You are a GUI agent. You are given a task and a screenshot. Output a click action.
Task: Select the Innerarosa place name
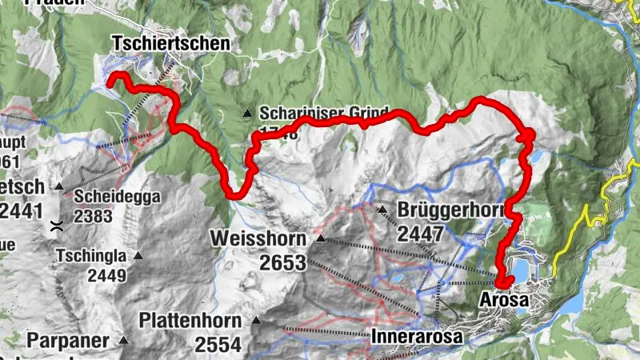pos(417,338)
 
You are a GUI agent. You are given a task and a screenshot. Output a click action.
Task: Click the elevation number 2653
pos(277,262)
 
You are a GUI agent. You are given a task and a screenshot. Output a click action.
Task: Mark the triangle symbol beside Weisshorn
pos(321,238)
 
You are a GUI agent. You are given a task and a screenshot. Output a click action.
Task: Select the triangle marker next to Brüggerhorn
pos(382,210)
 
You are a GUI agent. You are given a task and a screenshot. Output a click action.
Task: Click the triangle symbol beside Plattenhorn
pos(257,322)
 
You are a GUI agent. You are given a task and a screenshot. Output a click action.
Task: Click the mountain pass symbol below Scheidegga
pos(56,226)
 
